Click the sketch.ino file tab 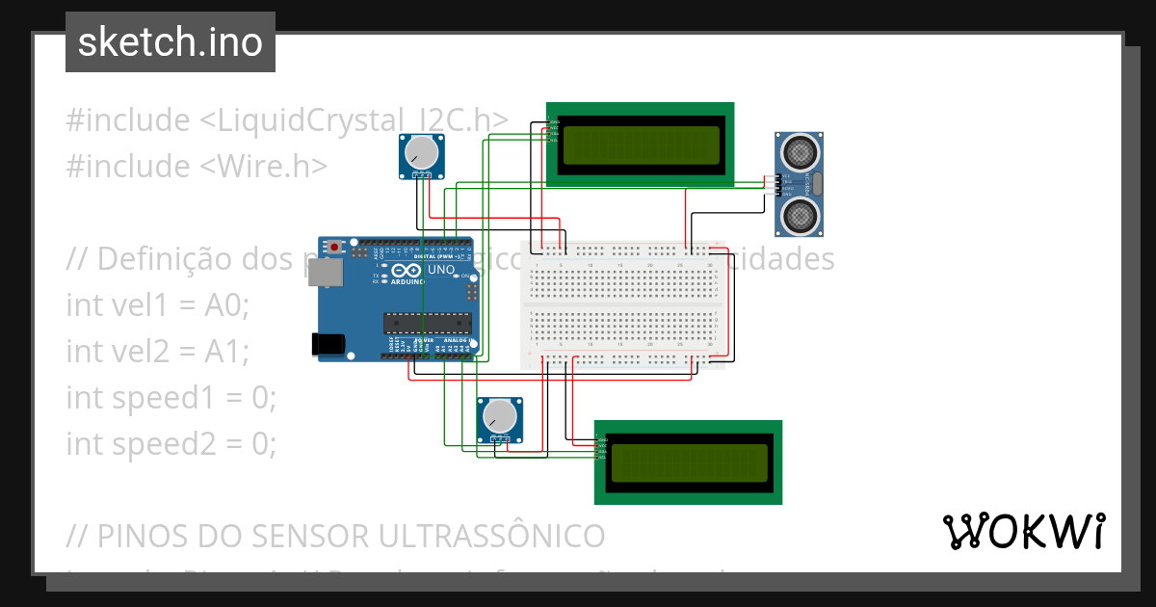pyautogui.click(x=171, y=42)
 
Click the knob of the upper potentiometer pyautogui.click(x=421, y=152)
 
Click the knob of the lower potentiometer pyautogui.click(x=499, y=416)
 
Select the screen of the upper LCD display pyautogui.click(x=640, y=145)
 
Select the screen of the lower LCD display pyautogui.click(x=688, y=462)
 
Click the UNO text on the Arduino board pyautogui.click(x=440, y=271)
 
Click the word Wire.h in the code pyautogui.click(x=265, y=166)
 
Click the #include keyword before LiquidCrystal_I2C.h pyautogui.click(x=128, y=120)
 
